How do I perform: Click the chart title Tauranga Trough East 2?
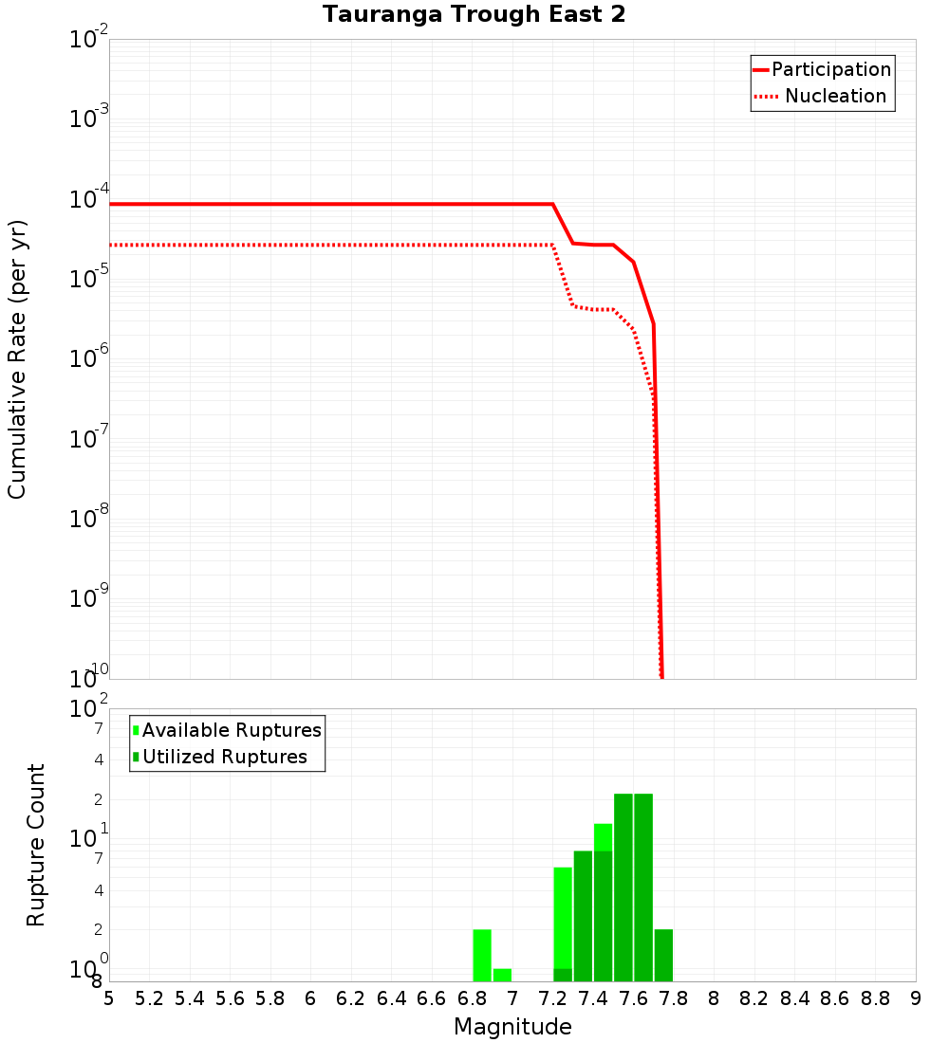(474, 15)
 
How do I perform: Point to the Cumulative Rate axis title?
(17, 358)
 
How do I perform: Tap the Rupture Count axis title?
(36, 845)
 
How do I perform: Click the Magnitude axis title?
(512, 1027)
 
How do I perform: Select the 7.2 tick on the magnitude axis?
(552, 998)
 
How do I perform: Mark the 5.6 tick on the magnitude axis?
(230, 998)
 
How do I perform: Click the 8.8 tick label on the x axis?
(875, 998)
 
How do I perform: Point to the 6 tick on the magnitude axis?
(310, 998)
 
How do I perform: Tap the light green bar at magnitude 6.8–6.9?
(482, 956)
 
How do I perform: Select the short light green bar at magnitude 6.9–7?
(502, 975)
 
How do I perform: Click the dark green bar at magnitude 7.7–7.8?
(663, 956)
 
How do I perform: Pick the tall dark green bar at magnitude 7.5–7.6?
(623, 887)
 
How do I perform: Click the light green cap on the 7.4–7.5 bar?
(603, 837)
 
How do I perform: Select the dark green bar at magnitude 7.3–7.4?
(583, 916)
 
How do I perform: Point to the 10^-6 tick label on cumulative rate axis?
(90, 361)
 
